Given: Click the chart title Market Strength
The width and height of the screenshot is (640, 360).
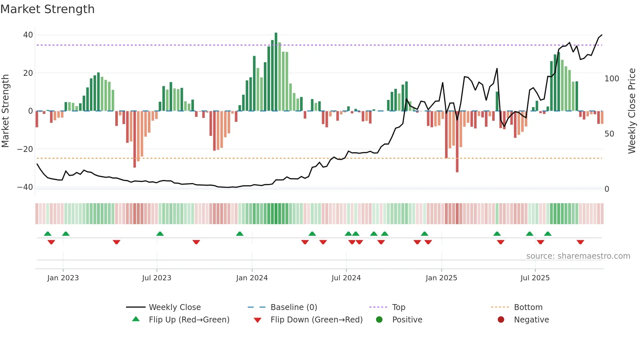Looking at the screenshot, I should (47, 9).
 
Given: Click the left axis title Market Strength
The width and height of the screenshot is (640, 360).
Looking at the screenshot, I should (5, 111).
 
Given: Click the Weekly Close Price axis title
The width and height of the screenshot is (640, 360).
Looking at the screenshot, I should (632, 111).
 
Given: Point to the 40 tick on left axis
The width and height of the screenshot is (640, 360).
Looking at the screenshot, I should (28, 35).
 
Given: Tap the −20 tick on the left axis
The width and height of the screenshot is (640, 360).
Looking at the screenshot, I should (25, 149).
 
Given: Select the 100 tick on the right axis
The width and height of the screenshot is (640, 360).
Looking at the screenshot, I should (612, 79).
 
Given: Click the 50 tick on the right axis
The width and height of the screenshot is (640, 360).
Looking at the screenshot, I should (609, 134).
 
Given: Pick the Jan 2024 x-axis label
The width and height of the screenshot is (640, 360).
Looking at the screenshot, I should (252, 278).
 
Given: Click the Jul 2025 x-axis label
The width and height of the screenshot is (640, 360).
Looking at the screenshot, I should (535, 278).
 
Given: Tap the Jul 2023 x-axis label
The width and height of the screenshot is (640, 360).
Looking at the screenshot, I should (156, 278).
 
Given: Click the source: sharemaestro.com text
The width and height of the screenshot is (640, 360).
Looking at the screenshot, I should (578, 256).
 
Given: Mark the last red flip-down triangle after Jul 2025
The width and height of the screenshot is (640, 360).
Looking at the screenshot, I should (580, 242).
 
